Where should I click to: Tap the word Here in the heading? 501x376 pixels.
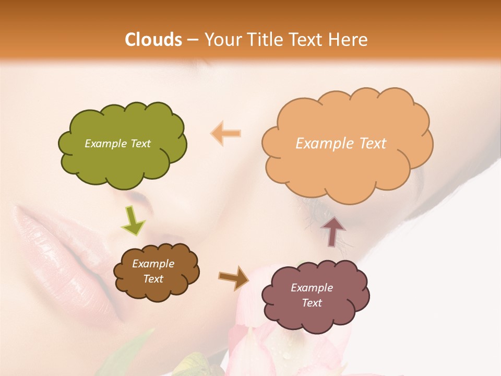tap(349, 40)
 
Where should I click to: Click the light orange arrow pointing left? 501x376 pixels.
tap(225, 133)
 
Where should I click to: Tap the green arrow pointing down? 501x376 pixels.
tap(133, 220)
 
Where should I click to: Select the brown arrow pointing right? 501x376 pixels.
tap(233, 277)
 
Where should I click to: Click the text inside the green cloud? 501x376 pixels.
tap(117, 144)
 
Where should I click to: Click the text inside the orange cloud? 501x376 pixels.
tap(341, 144)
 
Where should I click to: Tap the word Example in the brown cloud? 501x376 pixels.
tap(153, 264)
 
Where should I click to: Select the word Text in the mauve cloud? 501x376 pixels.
tap(312, 303)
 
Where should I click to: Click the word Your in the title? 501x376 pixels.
tap(220, 40)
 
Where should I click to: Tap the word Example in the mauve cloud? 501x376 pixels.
tap(312, 288)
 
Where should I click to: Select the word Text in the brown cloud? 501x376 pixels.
tap(153, 279)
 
